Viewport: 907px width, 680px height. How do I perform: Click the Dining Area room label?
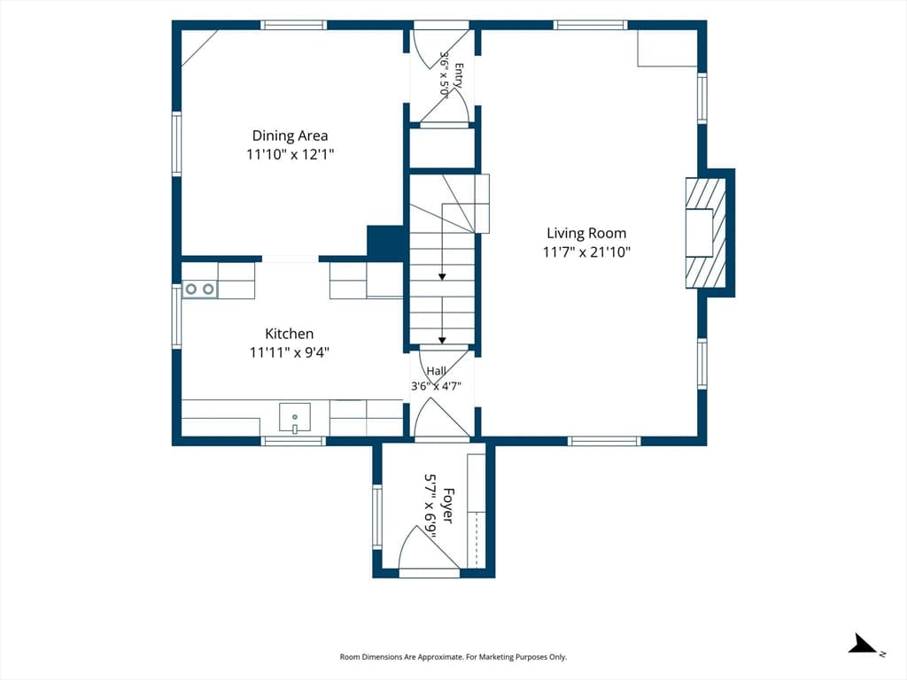tap(290, 135)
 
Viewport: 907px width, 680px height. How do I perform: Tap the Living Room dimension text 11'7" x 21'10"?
tap(586, 252)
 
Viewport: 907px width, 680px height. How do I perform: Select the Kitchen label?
tap(290, 334)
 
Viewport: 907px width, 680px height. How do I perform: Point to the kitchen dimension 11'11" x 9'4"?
tap(290, 352)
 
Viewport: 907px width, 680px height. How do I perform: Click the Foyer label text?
tap(447, 506)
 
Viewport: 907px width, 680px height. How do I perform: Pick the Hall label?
tap(436, 371)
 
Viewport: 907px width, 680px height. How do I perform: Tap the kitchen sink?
tap(294, 418)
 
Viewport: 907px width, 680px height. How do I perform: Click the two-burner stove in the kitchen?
tap(199, 289)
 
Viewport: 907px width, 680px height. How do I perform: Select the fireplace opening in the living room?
tap(699, 233)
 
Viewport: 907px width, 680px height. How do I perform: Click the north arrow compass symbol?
tap(863, 644)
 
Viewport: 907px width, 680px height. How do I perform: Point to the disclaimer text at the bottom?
tap(453, 657)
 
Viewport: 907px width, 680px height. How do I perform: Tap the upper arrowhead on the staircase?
tap(442, 277)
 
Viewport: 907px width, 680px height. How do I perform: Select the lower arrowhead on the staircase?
tap(442, 341)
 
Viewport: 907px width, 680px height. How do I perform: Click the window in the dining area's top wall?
tap(293, 25)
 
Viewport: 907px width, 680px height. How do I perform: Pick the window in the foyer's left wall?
tap(377, 516)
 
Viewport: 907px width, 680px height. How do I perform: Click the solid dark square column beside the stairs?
tap(385, 243)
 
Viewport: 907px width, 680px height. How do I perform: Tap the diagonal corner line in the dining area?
tap(199, 48)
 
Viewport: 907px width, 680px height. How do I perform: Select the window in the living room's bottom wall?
tap(604, 441)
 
